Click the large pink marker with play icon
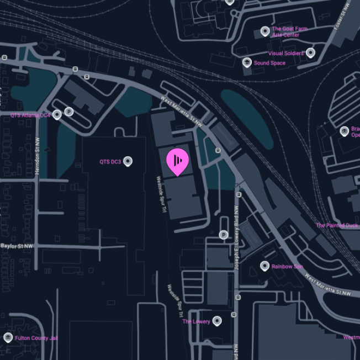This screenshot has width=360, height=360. pos(177,161)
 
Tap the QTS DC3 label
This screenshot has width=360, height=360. pos(110,162)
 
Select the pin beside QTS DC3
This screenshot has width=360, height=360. pos(128,161)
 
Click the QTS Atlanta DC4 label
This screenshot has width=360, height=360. pos(30,115)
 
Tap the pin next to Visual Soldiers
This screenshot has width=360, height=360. pos(311,53)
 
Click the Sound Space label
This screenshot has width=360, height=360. pos(269,63)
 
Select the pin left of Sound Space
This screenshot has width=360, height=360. pos(247,62)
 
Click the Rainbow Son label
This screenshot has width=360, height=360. pos(287,267)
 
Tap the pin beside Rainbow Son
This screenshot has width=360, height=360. pos(265,266)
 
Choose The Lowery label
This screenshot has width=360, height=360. pos(196,321)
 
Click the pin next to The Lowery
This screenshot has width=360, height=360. pos(218,321)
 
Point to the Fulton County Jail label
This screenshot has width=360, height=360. pos(36,338)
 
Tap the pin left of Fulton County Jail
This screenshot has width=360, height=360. pos(8,337)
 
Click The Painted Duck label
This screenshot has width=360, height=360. pos(337,225)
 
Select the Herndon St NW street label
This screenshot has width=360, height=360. pos(38,159)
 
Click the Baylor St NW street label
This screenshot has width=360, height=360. pos(17,245)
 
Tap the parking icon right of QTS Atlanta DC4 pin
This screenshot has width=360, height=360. pos(69,112)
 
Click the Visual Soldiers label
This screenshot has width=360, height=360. pos(285,54)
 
